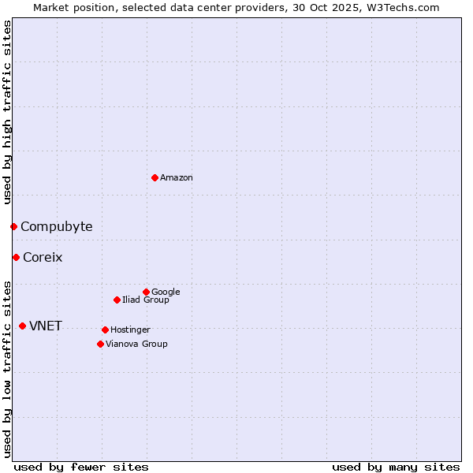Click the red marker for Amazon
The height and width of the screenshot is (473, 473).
click(155, 177)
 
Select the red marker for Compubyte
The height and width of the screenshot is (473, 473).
click(13, 227)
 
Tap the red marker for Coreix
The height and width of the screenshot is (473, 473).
click(16, 257)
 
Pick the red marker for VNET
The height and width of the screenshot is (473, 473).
click(22, 326)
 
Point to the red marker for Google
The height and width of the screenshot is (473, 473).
click(146, 292)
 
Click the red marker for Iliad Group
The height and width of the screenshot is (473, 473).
click(117, 300)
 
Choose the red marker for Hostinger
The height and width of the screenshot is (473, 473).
click(105, 330)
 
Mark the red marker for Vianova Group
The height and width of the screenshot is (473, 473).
click(100, 344)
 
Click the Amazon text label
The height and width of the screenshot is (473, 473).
click(177, 177)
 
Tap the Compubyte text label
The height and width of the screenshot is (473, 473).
click(56, 227)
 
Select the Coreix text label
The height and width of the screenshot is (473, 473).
click(43, 257)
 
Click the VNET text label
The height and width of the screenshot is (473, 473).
click(46, 326)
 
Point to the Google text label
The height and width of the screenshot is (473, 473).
click(166, 292)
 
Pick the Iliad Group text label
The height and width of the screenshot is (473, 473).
click(146, 300)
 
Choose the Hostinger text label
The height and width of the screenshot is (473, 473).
click(130, 330)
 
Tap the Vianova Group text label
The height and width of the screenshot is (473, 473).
click(136, 344)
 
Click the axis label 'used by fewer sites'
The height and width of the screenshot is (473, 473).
click(81, 467)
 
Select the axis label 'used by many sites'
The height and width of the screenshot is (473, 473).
click(396, 467)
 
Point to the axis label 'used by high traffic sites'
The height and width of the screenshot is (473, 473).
click(7, 112)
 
